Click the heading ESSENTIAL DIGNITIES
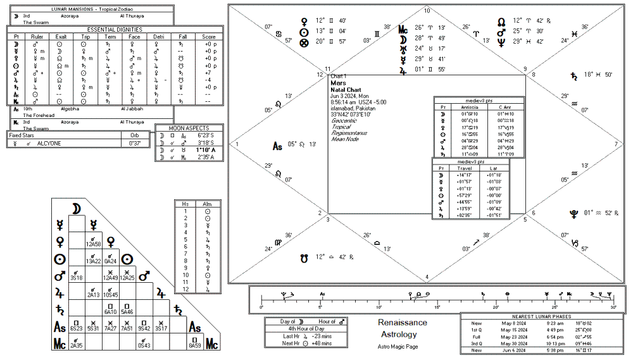pyautogui.click(x=115, y=29)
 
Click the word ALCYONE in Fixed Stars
pyautogui.click(x=49, y=144)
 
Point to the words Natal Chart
pyautogui.click(x=346, y=90)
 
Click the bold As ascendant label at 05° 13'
pyautogui.click(x=277, y=146)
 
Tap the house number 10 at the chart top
pyautogui.click(x=427, y=11)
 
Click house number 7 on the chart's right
pyautogui.click(x=616, y=144)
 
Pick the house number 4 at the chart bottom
pyautogui.click(x=427, y=276)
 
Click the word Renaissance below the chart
pyautogui.click(x=403, y=323)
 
